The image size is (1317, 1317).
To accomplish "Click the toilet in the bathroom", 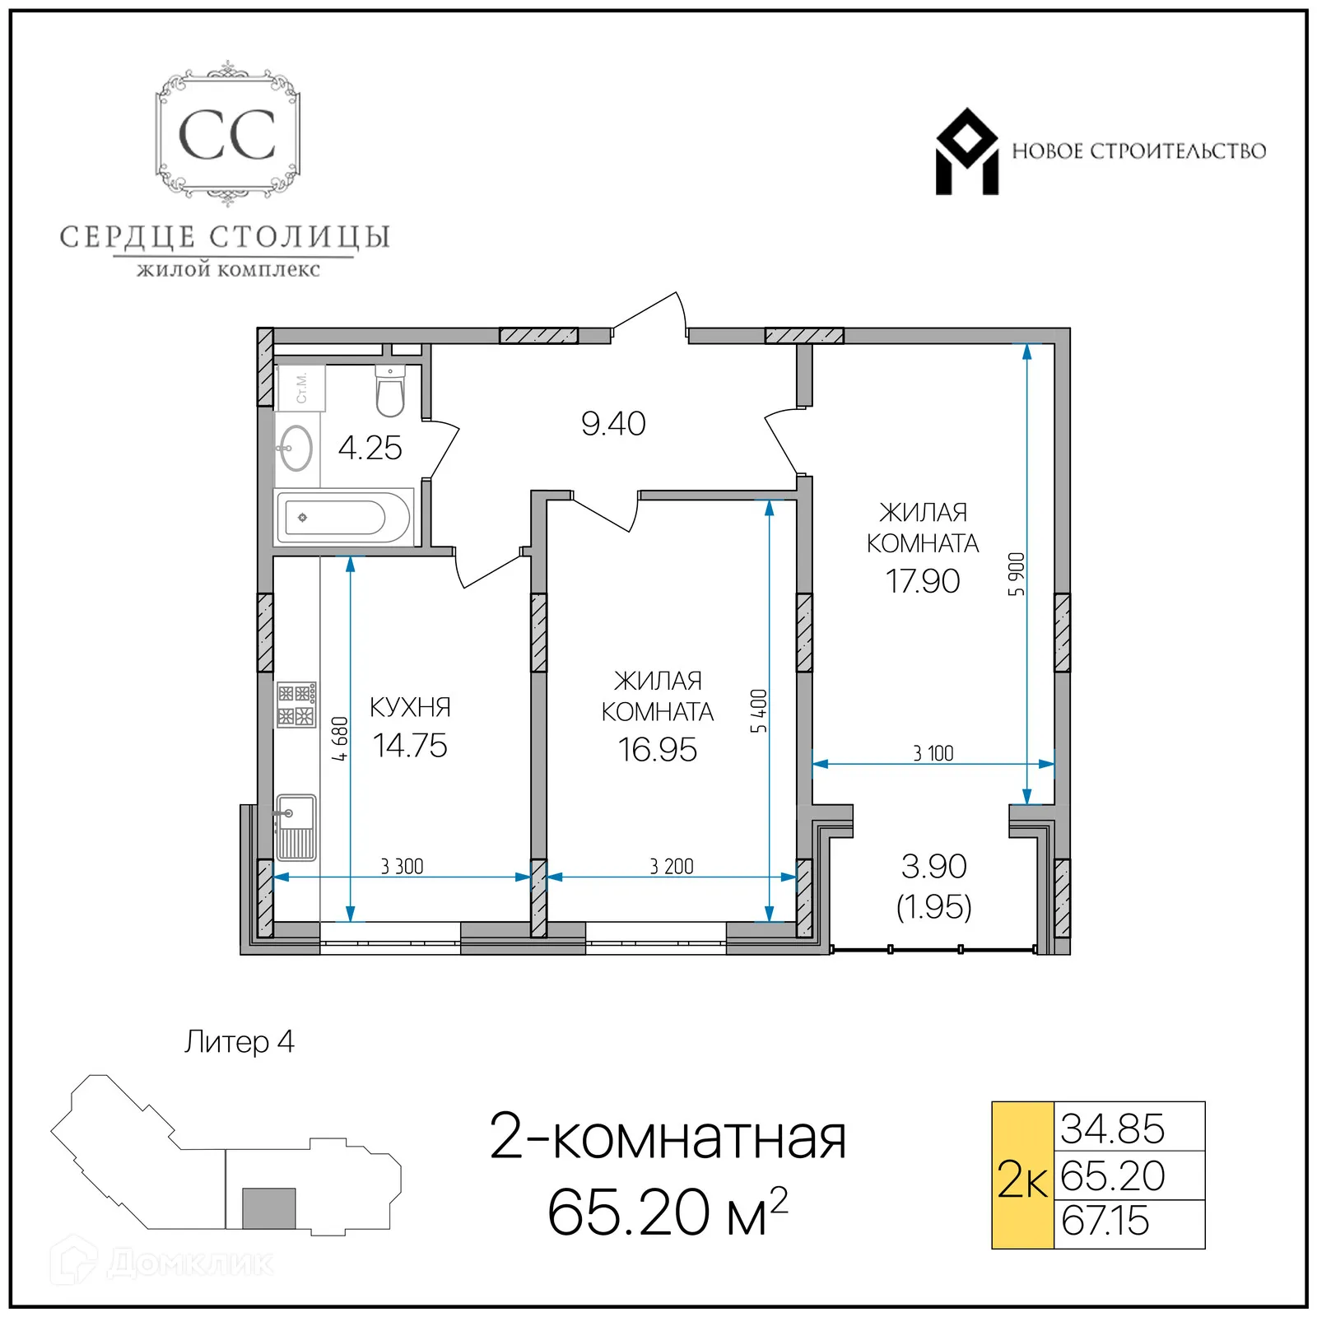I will [x=390, y=393].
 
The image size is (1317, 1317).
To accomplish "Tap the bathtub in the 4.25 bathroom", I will [x=343, y=518].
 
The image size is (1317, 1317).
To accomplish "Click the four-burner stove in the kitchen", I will [x=296, y=705].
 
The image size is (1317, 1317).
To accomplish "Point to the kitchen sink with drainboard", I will [x=296, y=826].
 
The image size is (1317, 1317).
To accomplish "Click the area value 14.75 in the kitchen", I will [x=409, y=746].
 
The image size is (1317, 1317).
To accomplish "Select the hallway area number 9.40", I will [x=613, y=424].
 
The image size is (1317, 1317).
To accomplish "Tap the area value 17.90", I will [x=922, y=581].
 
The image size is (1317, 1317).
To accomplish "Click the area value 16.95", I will [x=657, y=750].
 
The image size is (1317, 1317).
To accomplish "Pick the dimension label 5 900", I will [x=1017, y=575].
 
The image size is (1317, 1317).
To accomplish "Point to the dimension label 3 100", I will [x=933, y=753].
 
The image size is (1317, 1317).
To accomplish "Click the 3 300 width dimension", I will [x=402, y=866].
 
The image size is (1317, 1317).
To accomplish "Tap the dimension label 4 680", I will [x=340, y=738].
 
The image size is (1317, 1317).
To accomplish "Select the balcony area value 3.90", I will [x=933, y=866].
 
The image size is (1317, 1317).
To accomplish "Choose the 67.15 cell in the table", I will [x=1105, y=1221].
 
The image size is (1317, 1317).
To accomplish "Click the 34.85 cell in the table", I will [x=1112, y=1129].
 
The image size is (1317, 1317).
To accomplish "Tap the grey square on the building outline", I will [x=269, y=1208].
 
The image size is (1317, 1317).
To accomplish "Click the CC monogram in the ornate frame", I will [x=227, y=135].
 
